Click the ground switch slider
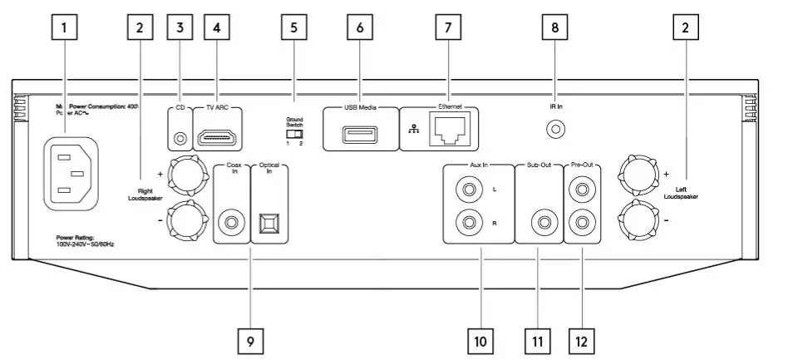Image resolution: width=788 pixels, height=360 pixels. [293, 133]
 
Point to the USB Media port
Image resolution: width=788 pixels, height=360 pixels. [359, 134]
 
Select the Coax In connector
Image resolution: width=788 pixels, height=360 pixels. [231, 222]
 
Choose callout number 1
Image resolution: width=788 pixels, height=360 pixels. [64, 27]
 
